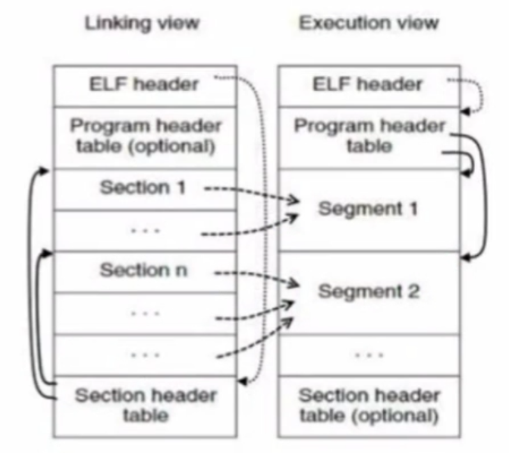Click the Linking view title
(142, 24)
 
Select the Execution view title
(369, 24)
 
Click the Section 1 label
(142, 188)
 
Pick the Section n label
(143, 270)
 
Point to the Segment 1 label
(368, 209)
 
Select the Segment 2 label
(368, 292)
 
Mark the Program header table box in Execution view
(368, 137)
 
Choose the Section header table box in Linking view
(145, 406)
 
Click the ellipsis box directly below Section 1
(145, 230)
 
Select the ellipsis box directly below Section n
(145, 313)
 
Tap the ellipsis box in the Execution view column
(368, 354)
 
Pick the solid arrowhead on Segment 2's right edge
(466, 256)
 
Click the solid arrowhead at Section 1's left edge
(43, 170)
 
